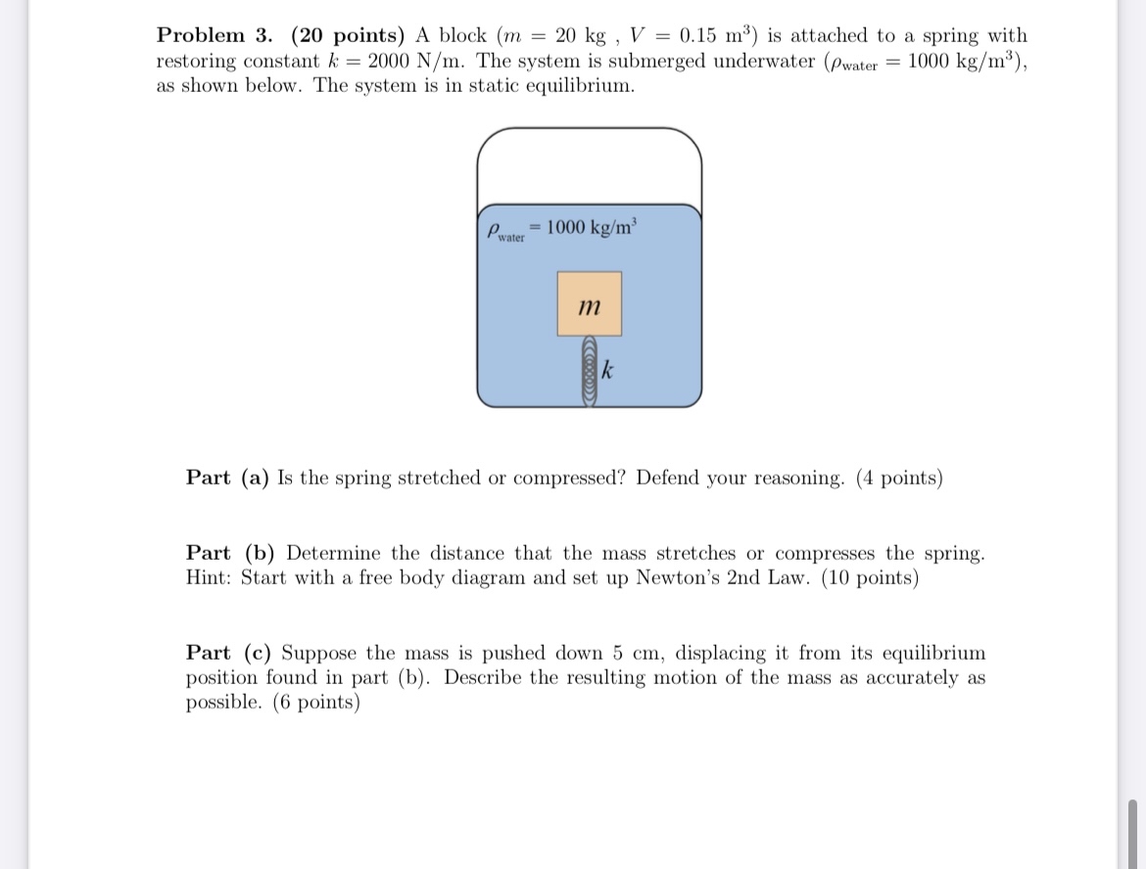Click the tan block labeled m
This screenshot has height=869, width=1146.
point(589,304)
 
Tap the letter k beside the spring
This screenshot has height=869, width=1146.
point(608,371)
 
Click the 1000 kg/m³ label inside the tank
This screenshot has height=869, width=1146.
point(591,227)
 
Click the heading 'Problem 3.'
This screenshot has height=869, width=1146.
point(215,36)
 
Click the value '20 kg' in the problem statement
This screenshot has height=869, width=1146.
point(581,36)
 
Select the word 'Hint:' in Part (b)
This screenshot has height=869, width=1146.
point(210,578)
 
